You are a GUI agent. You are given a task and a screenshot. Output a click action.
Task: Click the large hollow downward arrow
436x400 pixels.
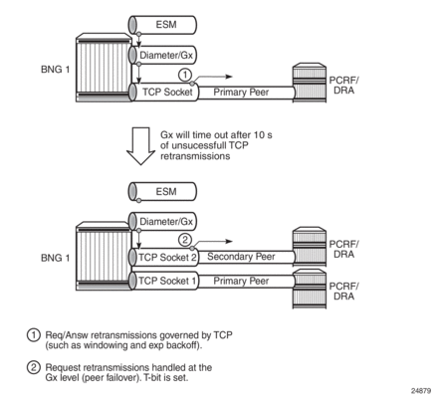point(140,146)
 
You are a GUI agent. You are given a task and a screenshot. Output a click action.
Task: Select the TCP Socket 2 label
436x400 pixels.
point(167,258)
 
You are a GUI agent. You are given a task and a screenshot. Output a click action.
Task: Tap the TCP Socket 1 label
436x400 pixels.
point(167,281)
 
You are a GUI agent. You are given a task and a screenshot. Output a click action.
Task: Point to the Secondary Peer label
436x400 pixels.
point(241,257)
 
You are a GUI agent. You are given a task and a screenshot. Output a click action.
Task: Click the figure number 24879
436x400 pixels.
point(421,391)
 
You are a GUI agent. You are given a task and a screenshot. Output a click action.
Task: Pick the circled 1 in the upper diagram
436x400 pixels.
point(185,75)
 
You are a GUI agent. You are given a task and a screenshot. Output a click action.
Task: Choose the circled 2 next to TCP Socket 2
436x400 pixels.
point(185,240)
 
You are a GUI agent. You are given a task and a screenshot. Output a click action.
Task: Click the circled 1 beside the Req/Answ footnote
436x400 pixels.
point(33,335)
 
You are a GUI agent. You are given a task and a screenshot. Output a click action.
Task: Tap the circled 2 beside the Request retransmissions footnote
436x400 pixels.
point(33,367)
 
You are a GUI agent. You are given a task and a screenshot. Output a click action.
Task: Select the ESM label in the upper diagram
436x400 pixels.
point(166,25)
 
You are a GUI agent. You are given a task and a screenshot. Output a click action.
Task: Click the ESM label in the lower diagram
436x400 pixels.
point(166,191)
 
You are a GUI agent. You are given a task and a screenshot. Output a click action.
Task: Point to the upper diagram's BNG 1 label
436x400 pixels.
point(56,70)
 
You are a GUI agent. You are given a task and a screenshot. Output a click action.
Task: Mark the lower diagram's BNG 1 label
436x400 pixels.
point(56,258)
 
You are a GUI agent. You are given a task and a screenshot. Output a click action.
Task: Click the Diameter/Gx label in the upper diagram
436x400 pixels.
point(166,55)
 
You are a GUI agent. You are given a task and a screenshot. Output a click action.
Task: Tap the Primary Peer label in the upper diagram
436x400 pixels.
point(241,92)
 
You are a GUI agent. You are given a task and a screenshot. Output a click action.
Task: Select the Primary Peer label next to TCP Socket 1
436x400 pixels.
point(241,281)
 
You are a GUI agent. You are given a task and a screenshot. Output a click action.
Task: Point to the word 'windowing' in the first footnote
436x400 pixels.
point(106,345)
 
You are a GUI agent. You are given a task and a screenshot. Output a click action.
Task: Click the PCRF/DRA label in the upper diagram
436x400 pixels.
point(344,86)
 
